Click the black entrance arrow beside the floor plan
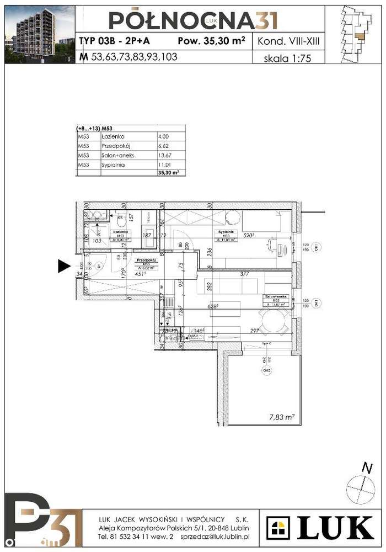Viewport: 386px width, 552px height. tap(64, 267)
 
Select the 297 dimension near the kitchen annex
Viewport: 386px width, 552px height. tap(254, 331)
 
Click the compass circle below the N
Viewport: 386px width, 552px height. tap(361, 489)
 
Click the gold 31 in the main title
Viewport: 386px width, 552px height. tap(265, 20)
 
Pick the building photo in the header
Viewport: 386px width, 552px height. tap(39, 34)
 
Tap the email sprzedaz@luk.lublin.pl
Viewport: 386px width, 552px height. tap(216, 536)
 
